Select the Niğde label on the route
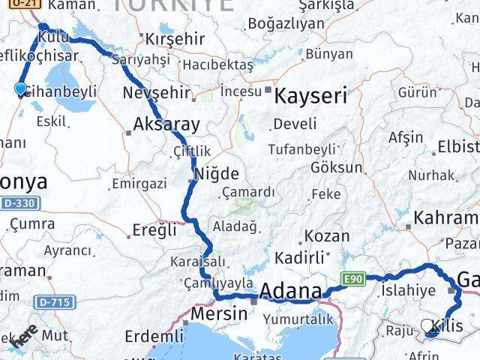coord(217,174)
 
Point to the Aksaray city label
coord(166,124)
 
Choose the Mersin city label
coord(220,313)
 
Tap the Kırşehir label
coord(174,38)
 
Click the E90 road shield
coord(353,279)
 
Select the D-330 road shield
coord(18,203)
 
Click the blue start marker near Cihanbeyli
coord(20,88)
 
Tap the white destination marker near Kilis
coord(427,325)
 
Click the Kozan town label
coord(326,235)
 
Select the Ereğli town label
coord(154,229)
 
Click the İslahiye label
coord(409,290)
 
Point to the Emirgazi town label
coord(140,183)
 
